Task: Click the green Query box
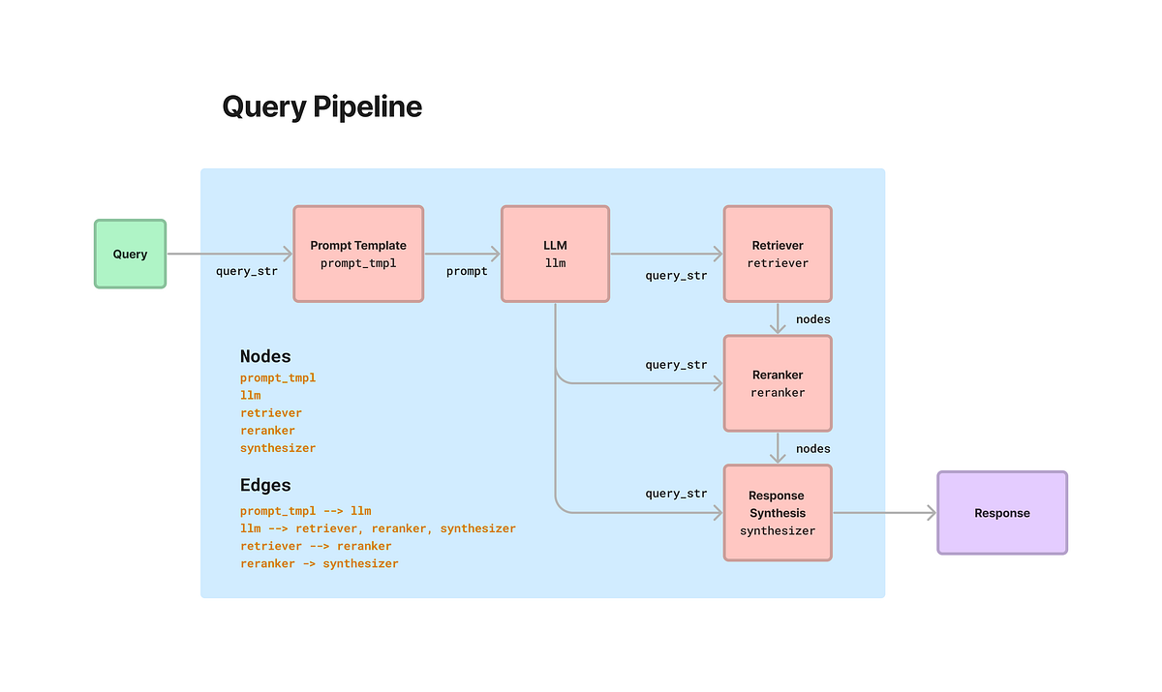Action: pos(130,254)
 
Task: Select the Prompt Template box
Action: pos(358,254)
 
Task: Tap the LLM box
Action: pos(555,254)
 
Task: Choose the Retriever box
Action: pos(778,254)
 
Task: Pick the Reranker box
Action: pos(778,383)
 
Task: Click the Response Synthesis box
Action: pos(778,513)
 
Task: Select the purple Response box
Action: pos(1002,513)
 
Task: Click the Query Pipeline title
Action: pos(321,106)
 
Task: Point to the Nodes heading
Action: pos(265,356)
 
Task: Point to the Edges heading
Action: pos(265,485)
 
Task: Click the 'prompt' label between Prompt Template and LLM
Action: pos(467,272)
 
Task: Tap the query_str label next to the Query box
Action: pos(246,272)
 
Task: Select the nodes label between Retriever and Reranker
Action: pos(812,319)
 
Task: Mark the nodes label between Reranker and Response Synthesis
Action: pos(812,449)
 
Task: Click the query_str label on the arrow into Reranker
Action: pos(676,365)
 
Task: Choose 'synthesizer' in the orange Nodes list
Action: pos(278,448)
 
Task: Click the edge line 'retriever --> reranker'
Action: pos(316,546)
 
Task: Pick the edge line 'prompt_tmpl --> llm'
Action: pos(305,511)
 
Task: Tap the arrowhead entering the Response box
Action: pos(932,513)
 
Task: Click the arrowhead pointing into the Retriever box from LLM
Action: pos(718,254)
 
